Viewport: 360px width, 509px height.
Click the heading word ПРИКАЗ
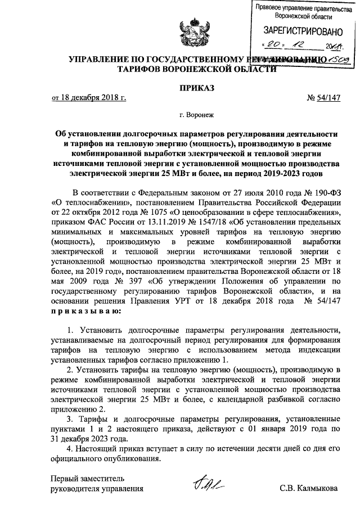[x=197, y=87]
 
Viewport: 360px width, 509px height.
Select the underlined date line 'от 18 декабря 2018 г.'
[x=88, y=98]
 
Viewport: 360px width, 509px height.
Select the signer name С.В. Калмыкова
[x=309, y=488]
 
